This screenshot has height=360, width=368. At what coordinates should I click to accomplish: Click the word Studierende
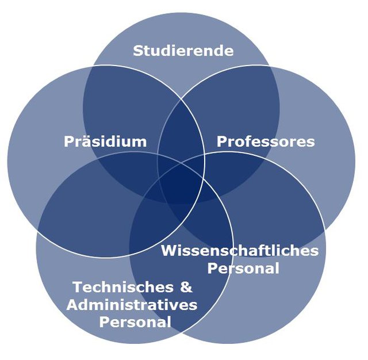click(183, 51)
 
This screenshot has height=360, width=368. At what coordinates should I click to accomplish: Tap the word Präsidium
click(105, 141)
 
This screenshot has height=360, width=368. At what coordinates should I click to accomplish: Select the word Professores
click(266, 141)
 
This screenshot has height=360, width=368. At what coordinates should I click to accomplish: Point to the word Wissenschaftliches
click(240, 251)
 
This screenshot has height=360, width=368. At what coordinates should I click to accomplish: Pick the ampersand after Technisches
click(187, 286)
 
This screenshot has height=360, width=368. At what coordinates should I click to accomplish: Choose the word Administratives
click(132, 304)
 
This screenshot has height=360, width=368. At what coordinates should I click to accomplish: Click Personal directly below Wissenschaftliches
click(243, 268)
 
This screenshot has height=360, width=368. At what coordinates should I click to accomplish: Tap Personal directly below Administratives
click(135, 321)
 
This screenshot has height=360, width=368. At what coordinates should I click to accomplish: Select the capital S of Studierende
click(138, 51)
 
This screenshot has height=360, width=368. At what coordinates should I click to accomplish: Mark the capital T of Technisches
click(78, 286)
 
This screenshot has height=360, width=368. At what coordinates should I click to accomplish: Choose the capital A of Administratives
click(72, 304)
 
